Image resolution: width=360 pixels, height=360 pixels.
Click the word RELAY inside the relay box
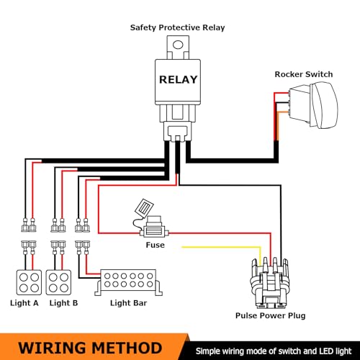point(178,80)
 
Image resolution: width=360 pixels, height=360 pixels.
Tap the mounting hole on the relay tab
point(178,45)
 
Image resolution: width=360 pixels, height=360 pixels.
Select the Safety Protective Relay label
point(177,28)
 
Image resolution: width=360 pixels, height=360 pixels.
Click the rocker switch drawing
point(313,105)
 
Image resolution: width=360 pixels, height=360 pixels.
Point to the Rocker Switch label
point(304,74)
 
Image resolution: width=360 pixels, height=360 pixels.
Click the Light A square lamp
point(29,282)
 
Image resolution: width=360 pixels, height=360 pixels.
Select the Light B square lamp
point(58,282)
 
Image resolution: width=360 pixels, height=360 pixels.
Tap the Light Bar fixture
point(128,282)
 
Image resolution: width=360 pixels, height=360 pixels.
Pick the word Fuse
point(156,245)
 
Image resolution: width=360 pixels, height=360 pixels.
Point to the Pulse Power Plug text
point(270,315)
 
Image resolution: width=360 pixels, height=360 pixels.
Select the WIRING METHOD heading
point(90,348)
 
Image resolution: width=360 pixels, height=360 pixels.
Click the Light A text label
point(24,303)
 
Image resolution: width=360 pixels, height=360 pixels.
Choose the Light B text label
point(63,303)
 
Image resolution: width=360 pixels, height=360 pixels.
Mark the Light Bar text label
point(128,303)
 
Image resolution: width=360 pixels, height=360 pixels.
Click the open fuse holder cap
point(144,208)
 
